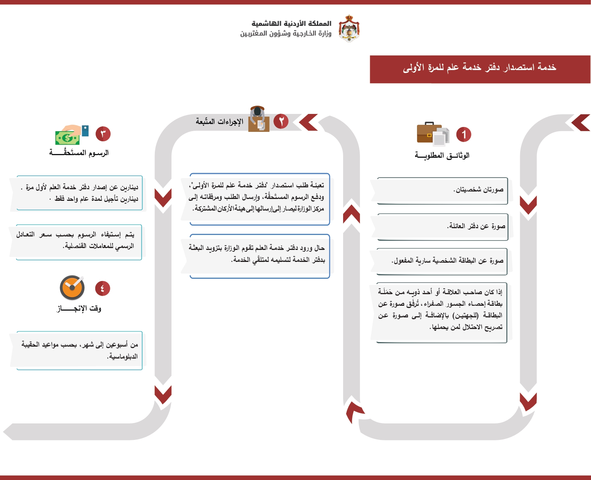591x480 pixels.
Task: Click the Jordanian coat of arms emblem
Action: [x=349, y=28]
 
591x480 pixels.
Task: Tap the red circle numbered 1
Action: [x=463, y=135]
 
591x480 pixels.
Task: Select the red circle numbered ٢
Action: [x=281, y=121]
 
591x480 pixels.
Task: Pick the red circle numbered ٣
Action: [x=103, y=134]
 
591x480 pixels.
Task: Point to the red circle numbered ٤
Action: [x=102, y=288]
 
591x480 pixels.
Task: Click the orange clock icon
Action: [x=72, y=288]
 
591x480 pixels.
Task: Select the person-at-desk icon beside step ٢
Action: [x=259, y=119]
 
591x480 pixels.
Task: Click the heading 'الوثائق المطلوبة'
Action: [x=442, y=156]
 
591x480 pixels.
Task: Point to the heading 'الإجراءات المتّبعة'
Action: [x=219, y=121]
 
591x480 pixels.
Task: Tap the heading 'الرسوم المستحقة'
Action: [x=79, y=153]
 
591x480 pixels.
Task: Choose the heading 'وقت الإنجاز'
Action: [x=79, y=308]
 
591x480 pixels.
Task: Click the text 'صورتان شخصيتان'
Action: [x=478, y=190]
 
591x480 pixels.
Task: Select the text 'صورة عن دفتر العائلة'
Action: [x=476, y=226]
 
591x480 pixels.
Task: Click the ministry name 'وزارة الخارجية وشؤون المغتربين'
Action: [x=286, y=34]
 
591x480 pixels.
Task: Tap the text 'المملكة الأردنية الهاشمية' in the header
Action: [x=291, y=24]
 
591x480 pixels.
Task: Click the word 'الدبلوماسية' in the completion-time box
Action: [x=123, y=356]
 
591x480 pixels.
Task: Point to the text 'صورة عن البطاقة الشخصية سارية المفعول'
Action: [x=447, y=261]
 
